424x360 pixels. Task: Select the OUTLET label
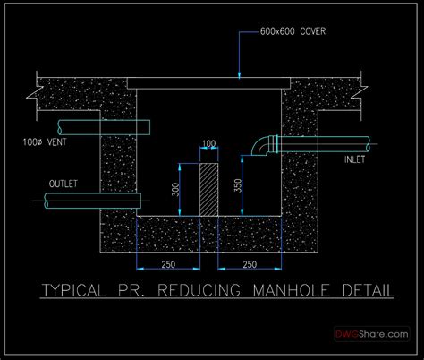click(63, 184)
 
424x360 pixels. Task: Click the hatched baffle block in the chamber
click(208, 189)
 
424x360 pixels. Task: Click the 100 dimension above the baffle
click(209, 143)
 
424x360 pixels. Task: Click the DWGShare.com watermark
click(371, 332)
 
